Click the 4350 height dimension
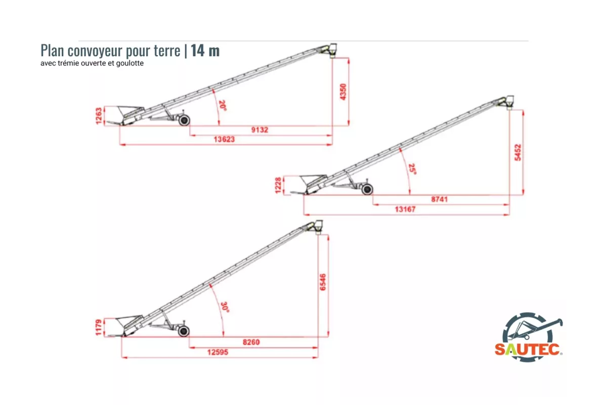click(343, 92)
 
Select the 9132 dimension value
click(259, 130)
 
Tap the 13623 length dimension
click(224, 139)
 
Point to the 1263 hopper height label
click(99, 116)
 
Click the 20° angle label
click(223, 105)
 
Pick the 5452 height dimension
click(518, 152)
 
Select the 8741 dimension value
click(439, 199)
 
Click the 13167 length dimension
click(405, 210)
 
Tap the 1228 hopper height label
click(278, 186)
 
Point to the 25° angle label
click(413, 169)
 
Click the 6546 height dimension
click(323, 282)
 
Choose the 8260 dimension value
click(251, 342)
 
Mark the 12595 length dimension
click(218, 352)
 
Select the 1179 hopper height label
click(99, 327)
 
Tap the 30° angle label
click(226, 307)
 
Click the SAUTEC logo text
click(527, 349)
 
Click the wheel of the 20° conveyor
click(184, 120)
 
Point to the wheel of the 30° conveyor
click(184, 331)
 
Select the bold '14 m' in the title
click(205, 51)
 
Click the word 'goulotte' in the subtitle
click(130, 63)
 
